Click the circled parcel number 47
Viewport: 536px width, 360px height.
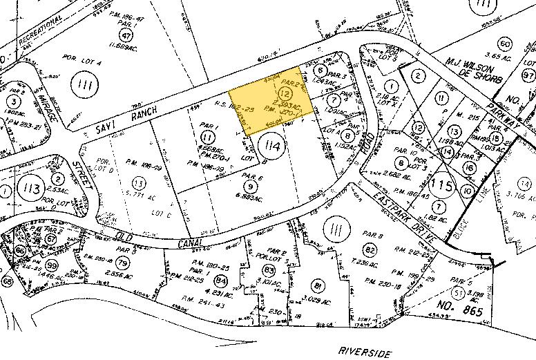[126, 35]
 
